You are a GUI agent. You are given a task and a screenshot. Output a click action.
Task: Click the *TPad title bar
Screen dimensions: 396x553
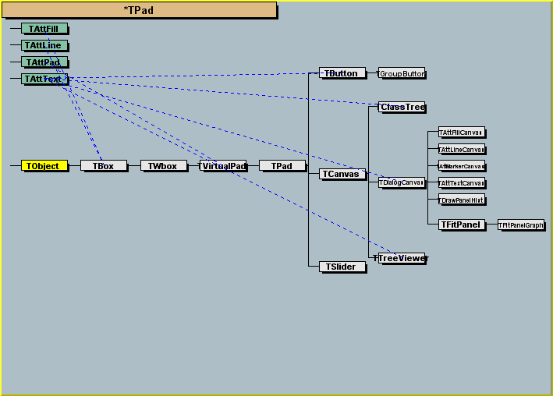coord(139,10)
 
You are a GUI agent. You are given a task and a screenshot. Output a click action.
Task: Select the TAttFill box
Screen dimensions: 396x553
coord(44,29)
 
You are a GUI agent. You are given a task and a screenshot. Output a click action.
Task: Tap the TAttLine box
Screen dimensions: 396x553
coord(44,45)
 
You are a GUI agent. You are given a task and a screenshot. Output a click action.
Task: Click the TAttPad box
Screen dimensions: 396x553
coord(44,62)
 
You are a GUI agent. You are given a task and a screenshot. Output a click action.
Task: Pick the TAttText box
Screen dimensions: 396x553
coord(44,79)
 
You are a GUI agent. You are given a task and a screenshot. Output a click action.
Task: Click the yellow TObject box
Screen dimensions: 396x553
coord(44,166)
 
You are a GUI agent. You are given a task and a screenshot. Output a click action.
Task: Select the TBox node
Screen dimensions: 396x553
coord(103,166)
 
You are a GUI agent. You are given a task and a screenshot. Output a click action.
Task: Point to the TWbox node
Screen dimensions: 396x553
coord(163,166)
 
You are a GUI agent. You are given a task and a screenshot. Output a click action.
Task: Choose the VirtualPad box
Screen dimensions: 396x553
coord(223,166)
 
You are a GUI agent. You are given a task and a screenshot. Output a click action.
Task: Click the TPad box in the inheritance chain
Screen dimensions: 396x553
coord(282,166)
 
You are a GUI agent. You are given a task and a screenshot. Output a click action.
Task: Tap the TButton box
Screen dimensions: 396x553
coord(342,73)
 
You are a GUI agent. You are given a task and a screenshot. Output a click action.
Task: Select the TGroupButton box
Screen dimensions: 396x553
coord(402,73)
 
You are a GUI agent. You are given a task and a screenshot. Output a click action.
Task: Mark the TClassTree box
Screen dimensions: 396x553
coord(402,107)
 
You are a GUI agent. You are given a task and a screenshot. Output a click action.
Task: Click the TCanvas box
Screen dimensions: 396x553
coord(342,174)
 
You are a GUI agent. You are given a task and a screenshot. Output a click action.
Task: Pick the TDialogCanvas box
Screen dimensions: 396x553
coord(402,182)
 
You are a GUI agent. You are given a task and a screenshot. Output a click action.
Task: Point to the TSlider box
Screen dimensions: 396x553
coord(342,267)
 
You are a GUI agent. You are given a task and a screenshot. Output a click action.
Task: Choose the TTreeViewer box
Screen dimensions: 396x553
coord(402,258)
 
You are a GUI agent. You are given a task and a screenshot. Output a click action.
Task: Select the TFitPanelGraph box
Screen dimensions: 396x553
coord(521,225)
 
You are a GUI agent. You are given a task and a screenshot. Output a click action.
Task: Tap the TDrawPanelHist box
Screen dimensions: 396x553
coord(462,200)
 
